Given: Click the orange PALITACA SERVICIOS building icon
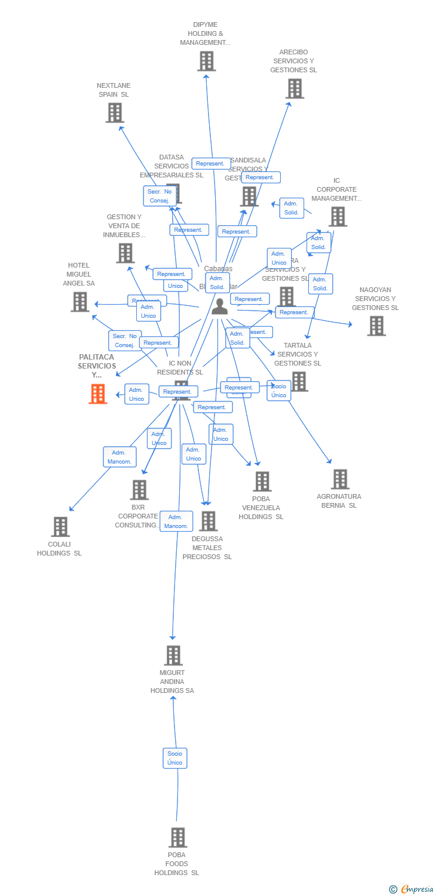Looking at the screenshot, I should tap(98, 394).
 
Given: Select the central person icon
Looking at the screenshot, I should tap(220, 306).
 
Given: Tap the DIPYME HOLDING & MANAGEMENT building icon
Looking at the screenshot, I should tap(206, 61).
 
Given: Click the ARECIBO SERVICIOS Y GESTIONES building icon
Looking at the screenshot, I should tap(295, 88).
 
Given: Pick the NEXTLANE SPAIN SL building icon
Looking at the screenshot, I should tap(115, 112).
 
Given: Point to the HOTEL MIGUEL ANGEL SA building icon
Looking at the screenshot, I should tap(80, 302).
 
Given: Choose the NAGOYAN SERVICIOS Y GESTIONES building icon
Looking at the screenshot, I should tap(376, 326).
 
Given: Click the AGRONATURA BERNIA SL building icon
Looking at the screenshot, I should tap(340, 479).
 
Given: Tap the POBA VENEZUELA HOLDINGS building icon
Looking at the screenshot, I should tap(262, 481).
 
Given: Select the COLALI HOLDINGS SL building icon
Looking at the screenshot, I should tap(60, 527).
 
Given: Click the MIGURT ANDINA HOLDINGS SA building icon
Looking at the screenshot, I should tap(173, 655).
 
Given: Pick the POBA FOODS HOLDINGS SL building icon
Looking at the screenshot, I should tap(177, 837).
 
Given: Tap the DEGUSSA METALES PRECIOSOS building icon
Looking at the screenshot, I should tap(208, 521).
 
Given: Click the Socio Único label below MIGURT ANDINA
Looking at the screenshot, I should tap(175, 758).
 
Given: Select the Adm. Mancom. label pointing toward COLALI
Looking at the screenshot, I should tap(120, 457).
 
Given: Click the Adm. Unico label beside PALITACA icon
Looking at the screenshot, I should tap(137, 394).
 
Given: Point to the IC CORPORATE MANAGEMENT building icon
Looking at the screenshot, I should tap(338, 216).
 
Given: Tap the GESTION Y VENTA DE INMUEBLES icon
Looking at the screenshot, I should tap(125, 253).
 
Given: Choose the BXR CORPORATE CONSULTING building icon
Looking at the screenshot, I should tap(139, 490).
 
